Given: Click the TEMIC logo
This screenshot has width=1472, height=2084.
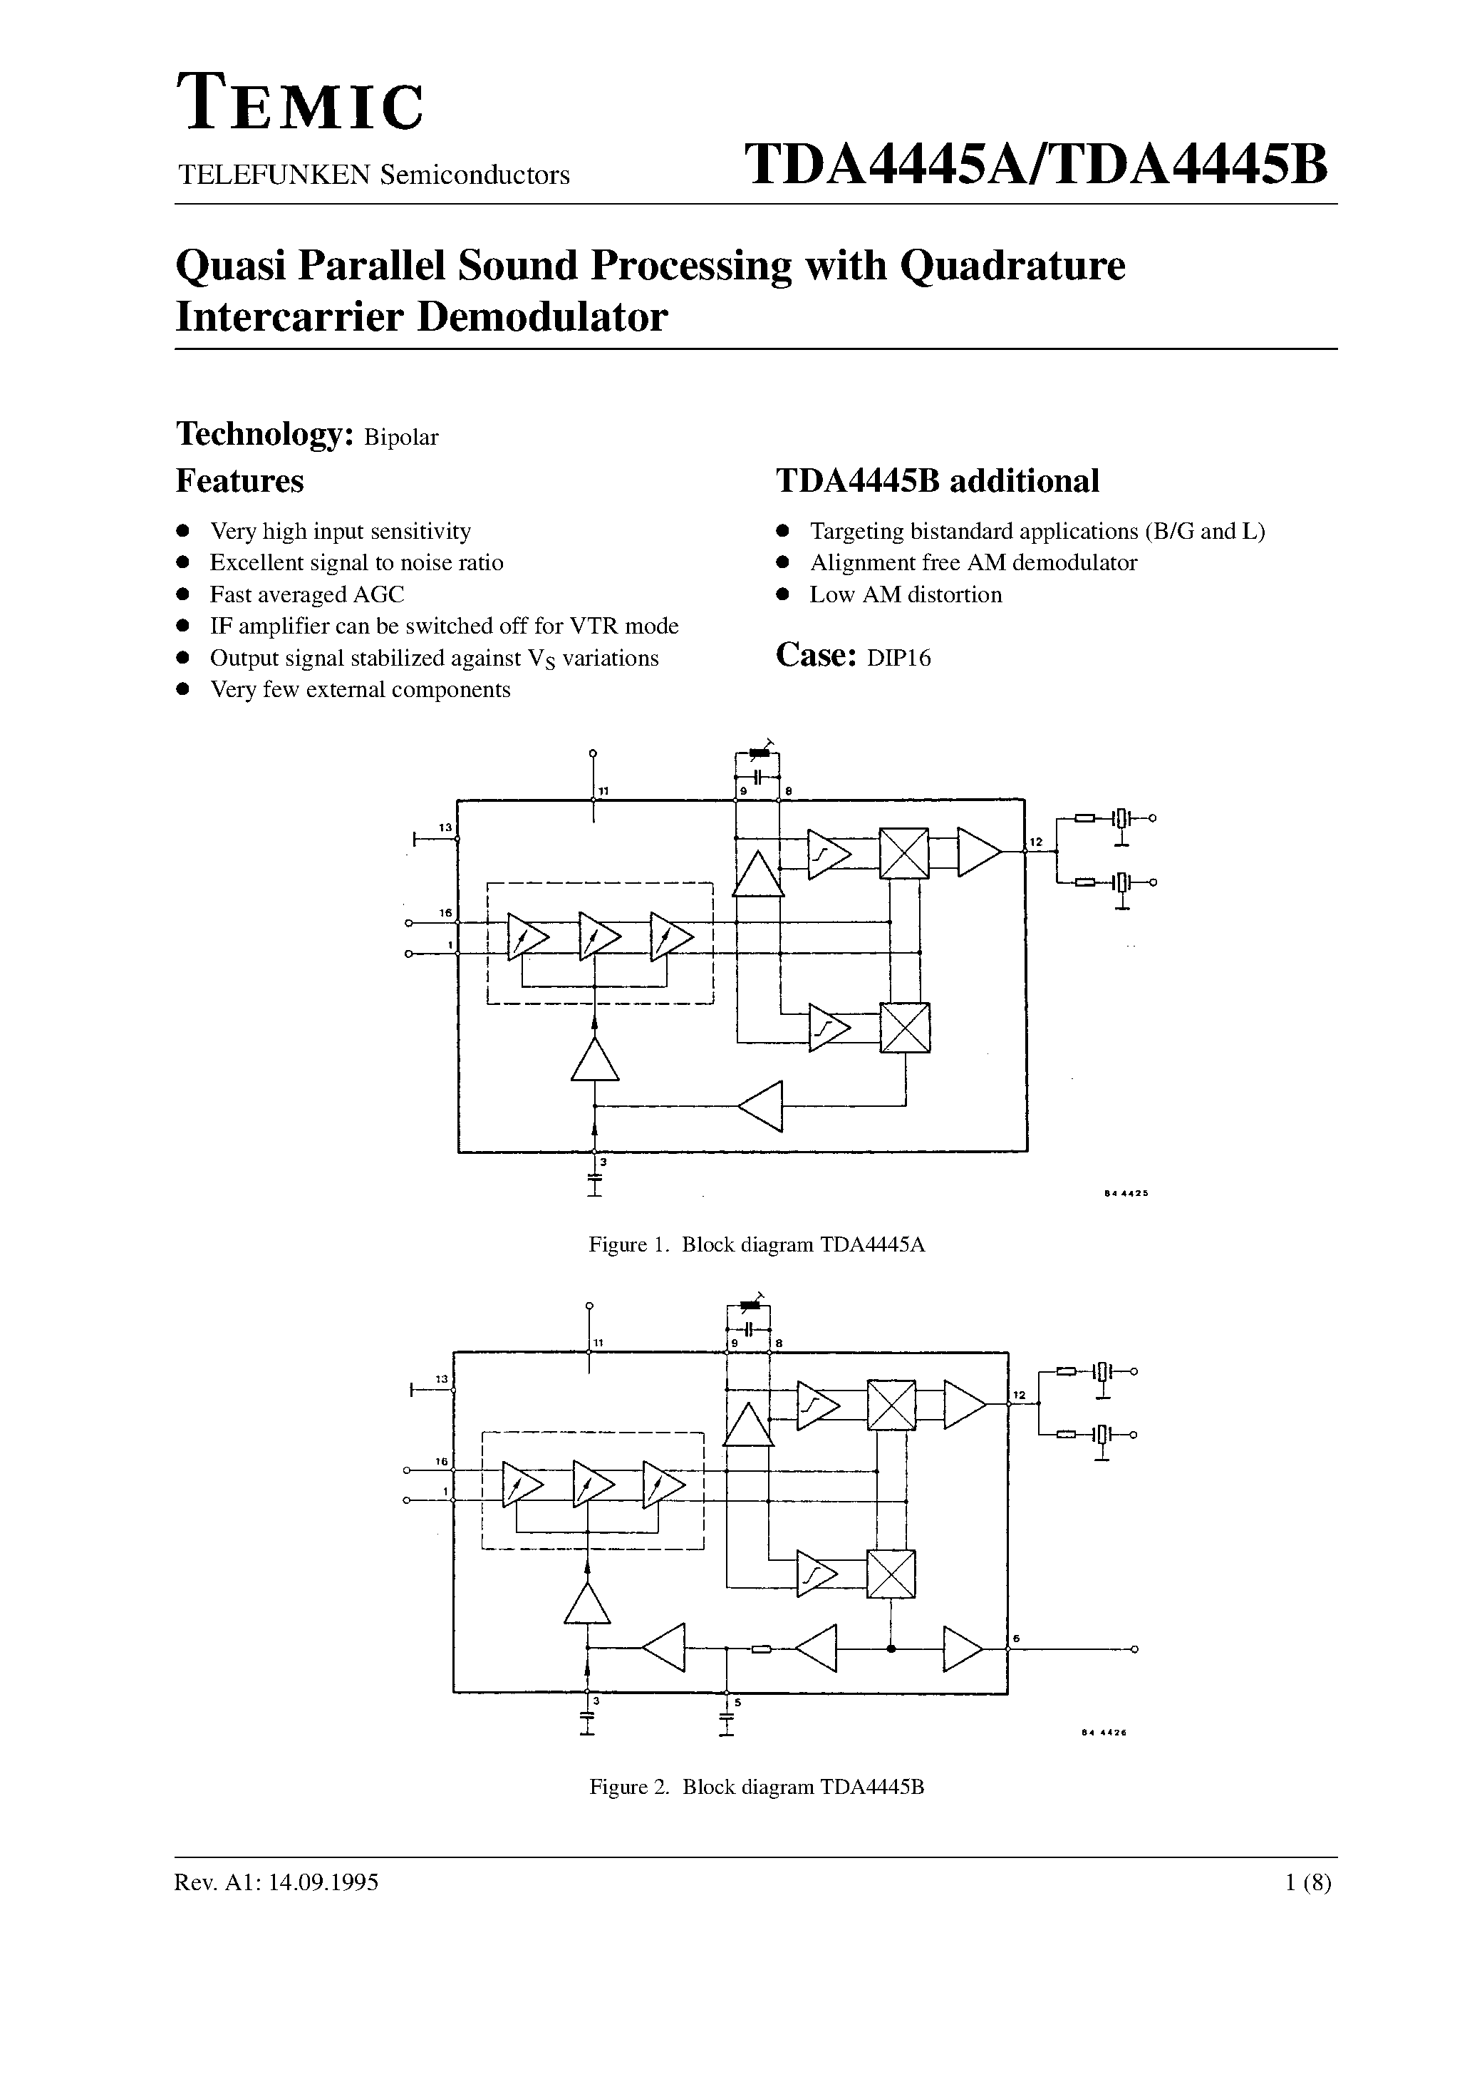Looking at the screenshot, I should click(x=299, y=103).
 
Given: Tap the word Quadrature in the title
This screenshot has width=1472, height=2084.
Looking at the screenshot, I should click(x=1012, y=266).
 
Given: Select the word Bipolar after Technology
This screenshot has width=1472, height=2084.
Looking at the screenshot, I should click(x=401, y=438).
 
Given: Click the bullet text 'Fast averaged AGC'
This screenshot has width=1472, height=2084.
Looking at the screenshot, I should click(x=307, y=594).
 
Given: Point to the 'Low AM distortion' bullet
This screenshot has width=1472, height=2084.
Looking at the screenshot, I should click(x=905, y=594).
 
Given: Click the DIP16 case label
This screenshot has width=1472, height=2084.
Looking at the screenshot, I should click(x=898, y=658).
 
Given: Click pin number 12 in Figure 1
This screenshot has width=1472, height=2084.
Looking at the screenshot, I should click(x=1035, y=842).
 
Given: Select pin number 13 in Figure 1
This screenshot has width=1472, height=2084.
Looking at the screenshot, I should click(x=445, y=827).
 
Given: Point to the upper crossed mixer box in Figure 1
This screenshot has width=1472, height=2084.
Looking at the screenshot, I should click(x=904, y=853).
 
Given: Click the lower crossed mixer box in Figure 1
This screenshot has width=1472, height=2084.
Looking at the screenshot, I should click(x=905, y=1028).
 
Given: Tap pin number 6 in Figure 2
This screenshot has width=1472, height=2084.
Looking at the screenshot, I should click(x=1017, y=1639).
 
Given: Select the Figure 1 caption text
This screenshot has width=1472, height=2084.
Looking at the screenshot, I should click(x=756, y=1244).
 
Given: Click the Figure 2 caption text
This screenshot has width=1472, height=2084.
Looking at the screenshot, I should click(x=756, y=1788).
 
